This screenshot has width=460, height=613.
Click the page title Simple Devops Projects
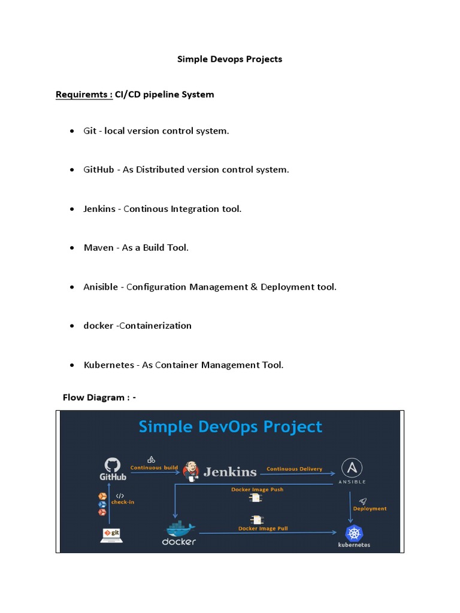tap(229, 59)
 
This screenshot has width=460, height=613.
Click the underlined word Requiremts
tap(84, 95)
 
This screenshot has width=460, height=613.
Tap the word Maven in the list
tap(98, 248)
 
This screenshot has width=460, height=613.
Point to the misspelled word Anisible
tap(101, 287)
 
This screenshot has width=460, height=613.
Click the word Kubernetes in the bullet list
tap(109, 365)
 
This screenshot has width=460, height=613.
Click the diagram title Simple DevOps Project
tap(230, 427)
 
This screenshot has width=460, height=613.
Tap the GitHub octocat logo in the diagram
tap(113, 465)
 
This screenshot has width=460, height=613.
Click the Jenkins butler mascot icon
tap(191, 471)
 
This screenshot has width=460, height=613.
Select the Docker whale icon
tap(180, 529)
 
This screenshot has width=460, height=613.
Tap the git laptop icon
tap(111, 534)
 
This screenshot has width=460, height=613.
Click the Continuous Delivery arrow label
tap(294, 469)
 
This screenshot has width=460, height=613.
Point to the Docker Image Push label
tap(257, 490)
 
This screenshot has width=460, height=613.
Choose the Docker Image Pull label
tap(263, 529)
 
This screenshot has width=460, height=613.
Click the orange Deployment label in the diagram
tap(370, 509)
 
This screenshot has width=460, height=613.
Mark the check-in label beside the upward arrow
tap(123, 502)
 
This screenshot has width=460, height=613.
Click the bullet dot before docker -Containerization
tap(72, 326)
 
